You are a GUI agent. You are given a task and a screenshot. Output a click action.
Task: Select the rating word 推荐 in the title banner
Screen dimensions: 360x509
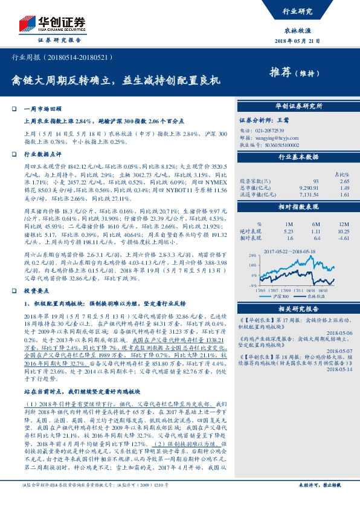point(280,73)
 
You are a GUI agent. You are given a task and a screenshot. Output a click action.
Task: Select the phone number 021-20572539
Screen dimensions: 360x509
point(270,130)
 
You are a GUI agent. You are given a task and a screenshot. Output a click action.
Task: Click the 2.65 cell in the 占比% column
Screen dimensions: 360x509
point(344,180)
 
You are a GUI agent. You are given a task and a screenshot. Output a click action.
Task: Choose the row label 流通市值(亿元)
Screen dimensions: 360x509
point(259,195)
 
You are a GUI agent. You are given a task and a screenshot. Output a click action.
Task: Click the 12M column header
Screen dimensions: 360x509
point(344,224)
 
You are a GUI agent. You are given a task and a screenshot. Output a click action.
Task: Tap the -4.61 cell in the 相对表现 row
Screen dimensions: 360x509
point(344,238)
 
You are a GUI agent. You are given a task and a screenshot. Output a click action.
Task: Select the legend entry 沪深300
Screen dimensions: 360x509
point(279,296)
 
